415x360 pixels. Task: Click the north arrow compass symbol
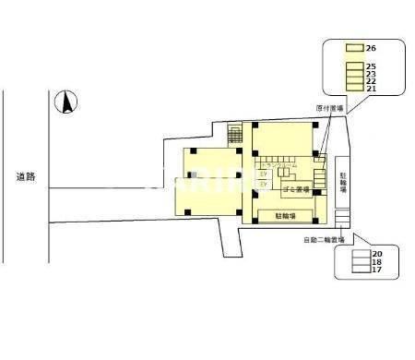point(65,102)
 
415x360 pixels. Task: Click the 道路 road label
point(25,175)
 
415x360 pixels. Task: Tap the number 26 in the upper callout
point(371,47)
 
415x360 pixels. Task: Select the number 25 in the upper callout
point(371,66)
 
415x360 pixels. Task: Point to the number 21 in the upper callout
point(371,89)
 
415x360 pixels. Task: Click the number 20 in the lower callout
point(377,253)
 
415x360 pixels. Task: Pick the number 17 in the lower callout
point(377,270)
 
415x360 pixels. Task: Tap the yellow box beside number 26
point(353,47)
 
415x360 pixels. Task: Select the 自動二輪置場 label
point(324,241)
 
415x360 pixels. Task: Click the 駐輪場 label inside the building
point(287,215)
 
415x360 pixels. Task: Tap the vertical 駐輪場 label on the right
point(343,181)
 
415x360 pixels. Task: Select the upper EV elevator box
point(263,173)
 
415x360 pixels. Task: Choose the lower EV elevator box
point(263,185)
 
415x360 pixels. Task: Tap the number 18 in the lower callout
point(377,261)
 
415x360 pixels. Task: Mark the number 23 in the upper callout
point(371,74)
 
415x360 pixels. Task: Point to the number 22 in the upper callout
point(371,81)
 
